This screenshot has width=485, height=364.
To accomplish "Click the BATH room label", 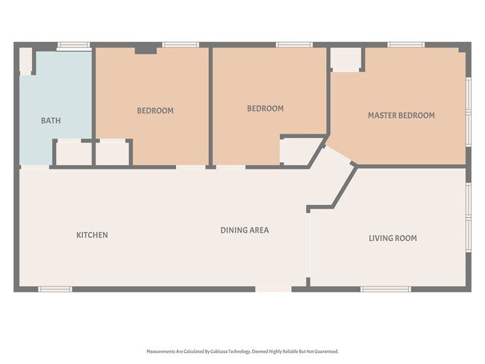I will coord(51,120).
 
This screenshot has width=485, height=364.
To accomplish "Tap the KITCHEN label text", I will coord(92,235).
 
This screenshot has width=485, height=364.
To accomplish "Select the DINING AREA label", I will coord(244,230).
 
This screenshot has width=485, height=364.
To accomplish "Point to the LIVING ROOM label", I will coord(392,239).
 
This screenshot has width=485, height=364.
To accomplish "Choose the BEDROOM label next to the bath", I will coord(154,110).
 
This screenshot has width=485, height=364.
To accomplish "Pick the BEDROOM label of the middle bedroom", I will coord(265,108).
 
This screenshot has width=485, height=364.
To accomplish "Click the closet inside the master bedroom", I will coord(345,60).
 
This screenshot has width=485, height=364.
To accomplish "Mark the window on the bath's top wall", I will coord(74,45).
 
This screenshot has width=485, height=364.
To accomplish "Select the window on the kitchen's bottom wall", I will coord(54,289).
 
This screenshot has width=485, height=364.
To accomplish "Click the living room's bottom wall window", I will coord(385,289).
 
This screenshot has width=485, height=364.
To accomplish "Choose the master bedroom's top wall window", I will coord(406,45).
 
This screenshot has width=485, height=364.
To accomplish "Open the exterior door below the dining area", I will coord(273,289).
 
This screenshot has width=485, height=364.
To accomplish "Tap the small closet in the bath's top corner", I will coord(25,60).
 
